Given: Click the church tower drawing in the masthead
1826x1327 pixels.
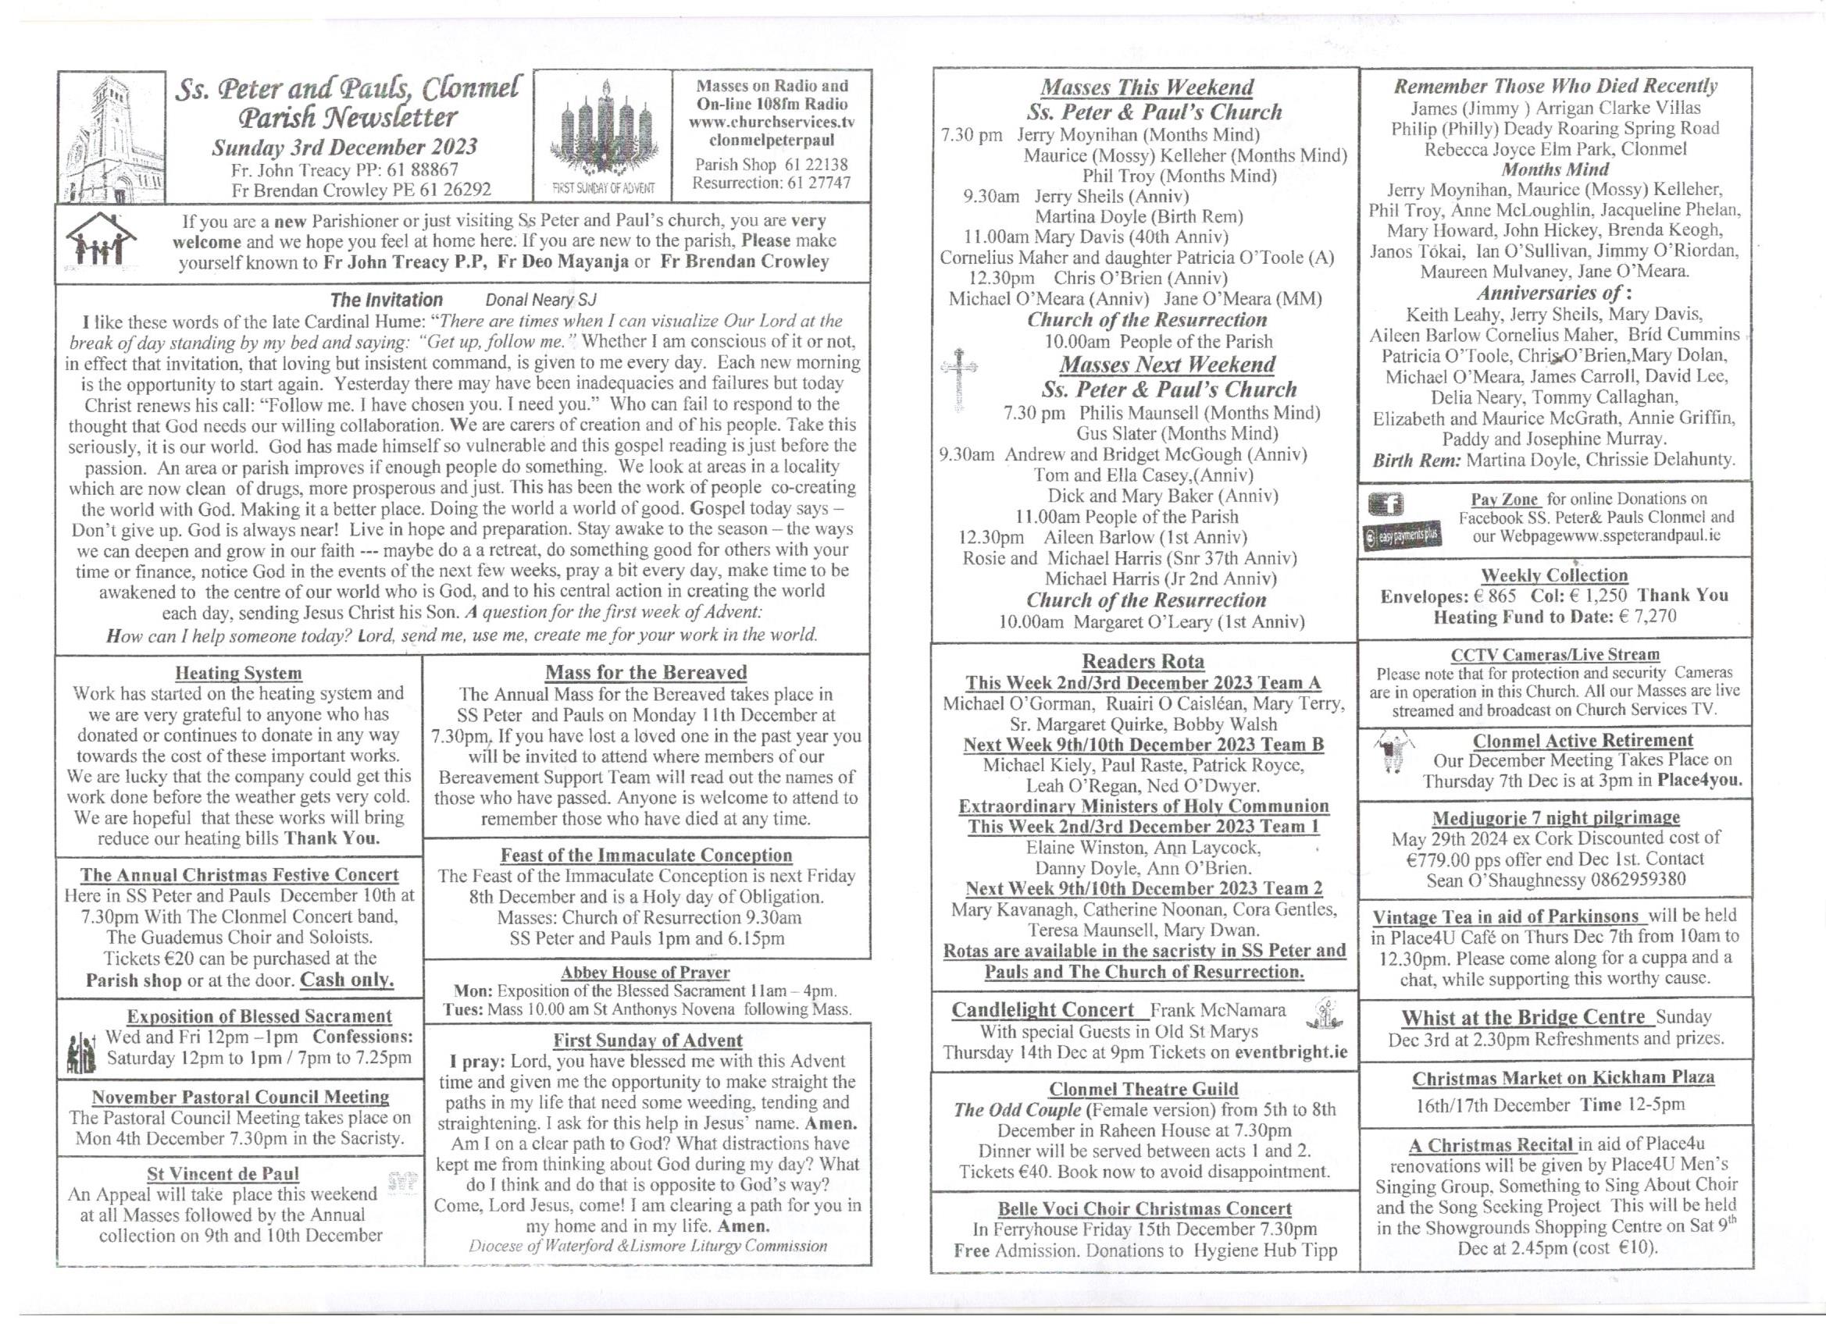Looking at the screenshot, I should click(111, 137).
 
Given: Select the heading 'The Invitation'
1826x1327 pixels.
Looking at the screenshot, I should click(386, 301).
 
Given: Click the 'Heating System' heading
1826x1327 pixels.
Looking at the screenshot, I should click(238, 673).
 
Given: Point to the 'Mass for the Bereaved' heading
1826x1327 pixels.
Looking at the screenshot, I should click(646, 672).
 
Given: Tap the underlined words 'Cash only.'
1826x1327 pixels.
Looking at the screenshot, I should click(347, 980).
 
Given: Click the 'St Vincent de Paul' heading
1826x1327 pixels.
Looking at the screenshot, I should click(223, 1173).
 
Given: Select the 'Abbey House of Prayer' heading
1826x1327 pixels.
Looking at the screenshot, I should click(645, 972).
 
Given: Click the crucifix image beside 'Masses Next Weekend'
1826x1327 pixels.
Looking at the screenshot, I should click(959, 379).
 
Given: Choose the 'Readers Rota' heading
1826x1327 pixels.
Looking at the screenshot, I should click(1143, 661).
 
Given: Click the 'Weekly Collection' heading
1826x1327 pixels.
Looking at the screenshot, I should click(1554, 575).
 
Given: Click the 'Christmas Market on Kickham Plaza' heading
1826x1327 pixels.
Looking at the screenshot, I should click(1563, 1077).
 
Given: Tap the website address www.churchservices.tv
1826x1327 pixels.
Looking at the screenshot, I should click(771, 123).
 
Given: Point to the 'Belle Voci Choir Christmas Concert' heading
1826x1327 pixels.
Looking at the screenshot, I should click(1144, 1208).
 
